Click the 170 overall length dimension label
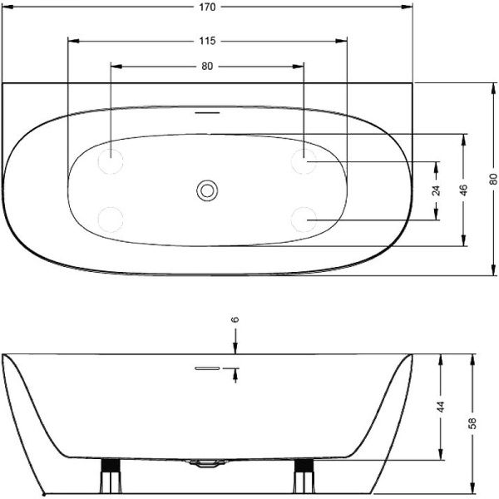pos(207,7)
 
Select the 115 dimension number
pos(207,41)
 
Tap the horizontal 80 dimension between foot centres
pos(207,67)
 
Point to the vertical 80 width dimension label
pos(493,179)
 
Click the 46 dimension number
pos(464,190)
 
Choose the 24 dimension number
pos(437,190)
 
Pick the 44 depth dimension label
pos(441,407)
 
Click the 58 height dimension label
pos(472,423)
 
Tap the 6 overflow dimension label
pos(235,319)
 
